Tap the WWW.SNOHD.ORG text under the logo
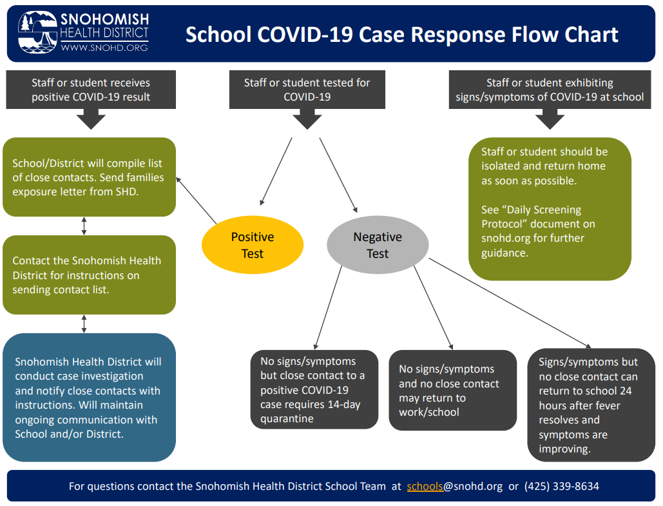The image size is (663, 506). pos(104,48)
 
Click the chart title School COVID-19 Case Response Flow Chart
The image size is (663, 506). pos(401,34)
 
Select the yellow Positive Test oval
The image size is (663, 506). pos(253,245)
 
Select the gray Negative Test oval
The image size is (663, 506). pos(378,245)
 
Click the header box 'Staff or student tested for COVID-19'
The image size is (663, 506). pos(307,90)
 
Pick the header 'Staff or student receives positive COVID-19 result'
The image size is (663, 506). pos(91,90)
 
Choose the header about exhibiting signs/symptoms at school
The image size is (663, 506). pos(550,90)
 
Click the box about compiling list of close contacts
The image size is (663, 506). pos(89,177)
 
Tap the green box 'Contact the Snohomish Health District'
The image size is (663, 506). pos(89,275)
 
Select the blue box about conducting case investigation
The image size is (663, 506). pos(89,398)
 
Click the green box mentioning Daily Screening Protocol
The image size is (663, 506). pos(550,209)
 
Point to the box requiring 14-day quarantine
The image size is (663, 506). pos(314,389)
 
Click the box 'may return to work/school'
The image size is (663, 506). pos(452,390)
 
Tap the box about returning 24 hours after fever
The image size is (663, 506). pos(591,405)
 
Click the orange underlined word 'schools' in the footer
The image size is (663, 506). pos(425,486)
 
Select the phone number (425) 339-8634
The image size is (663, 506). pos(561,486)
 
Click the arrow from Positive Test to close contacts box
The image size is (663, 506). pos(196,200)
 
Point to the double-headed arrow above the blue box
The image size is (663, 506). pos(84,324)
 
